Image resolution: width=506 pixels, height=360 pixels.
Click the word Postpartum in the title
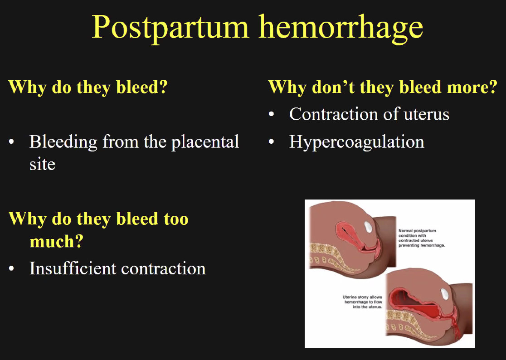[170, 28]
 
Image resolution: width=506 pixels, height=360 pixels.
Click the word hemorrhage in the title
[341, 28]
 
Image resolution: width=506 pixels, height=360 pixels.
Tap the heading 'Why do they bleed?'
[88, 87]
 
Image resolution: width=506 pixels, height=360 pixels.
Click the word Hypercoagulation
[356, 142]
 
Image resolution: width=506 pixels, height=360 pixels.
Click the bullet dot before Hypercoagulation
[271, 141]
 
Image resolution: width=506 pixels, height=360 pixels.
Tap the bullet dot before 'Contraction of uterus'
[271, 114]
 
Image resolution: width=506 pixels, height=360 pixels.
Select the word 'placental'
[205, 142]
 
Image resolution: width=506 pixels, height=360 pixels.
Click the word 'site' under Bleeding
[42, 164]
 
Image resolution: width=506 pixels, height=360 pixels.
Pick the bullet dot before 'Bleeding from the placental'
[12, 141]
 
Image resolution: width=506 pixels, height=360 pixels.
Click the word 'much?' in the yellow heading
[57, 241]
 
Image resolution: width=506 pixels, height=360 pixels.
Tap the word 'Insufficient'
[73, 268]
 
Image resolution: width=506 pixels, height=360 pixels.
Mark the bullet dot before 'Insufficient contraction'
[12, 269]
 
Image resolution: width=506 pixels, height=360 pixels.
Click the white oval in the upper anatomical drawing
[368, 227]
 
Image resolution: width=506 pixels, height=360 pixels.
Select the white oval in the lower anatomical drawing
[445, 294]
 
